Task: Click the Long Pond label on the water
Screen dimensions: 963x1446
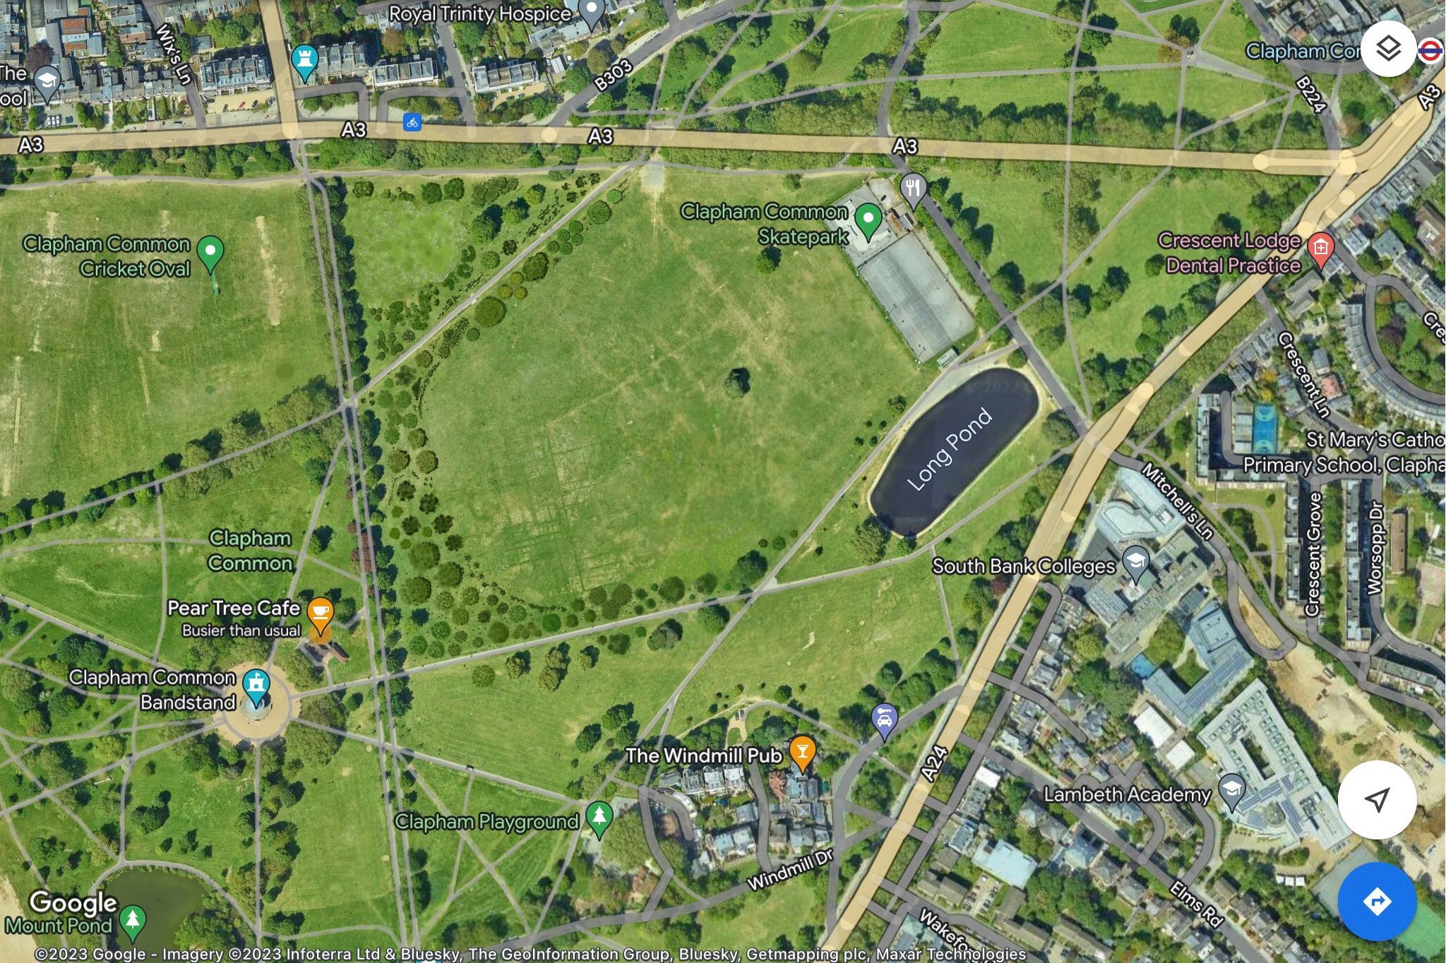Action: coord(950,449)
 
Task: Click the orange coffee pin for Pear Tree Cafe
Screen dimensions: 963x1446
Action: coord(320,612)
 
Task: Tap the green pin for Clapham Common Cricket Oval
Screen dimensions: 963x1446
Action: coord(210,252)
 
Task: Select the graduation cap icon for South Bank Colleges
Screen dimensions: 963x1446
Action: coord(1135,562)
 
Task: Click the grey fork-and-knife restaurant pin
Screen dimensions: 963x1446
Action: coord(913,189)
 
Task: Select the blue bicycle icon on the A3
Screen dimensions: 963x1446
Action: coord(412,122)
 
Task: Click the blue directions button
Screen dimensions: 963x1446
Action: coord(1377,902)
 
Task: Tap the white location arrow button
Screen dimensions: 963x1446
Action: coord(1377,799)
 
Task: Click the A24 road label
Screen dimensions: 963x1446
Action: coord(934,764)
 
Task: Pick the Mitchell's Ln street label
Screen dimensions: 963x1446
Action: coord(1177,502)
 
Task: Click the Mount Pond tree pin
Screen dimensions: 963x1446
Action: coord(132,919)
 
